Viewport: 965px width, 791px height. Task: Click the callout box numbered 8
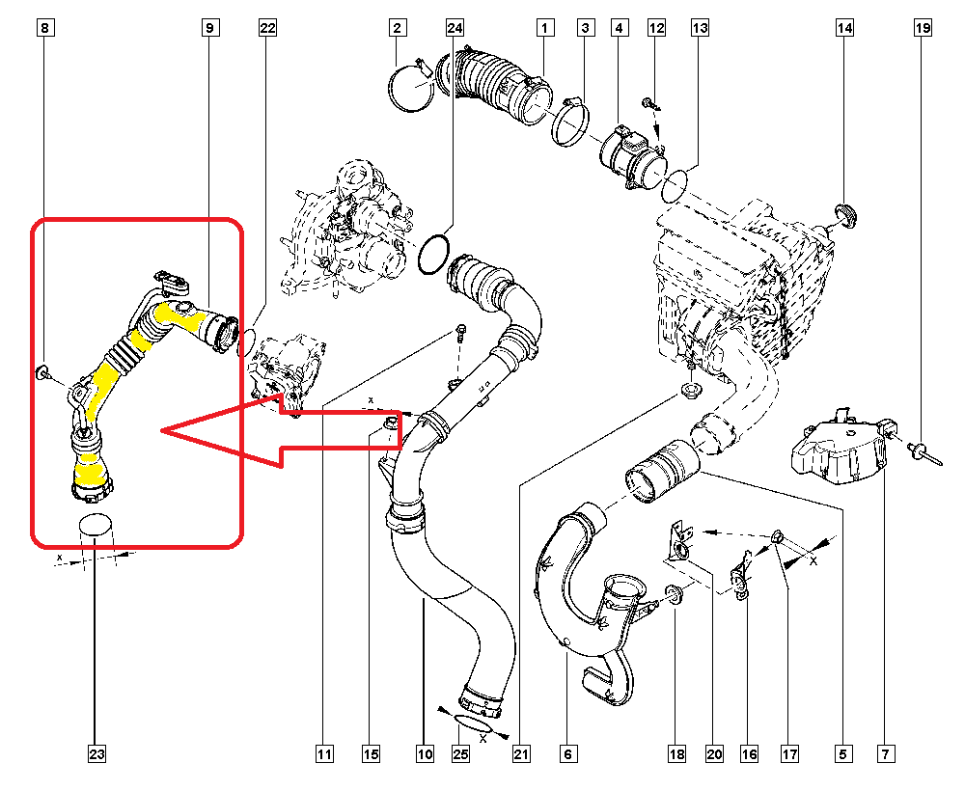coord(43,29)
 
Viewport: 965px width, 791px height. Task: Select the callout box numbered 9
coord(208,29)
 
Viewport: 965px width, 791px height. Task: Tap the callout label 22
coord(267,29)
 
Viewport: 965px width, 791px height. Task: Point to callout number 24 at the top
coord(455,28)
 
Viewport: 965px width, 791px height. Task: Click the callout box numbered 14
coord(844,29)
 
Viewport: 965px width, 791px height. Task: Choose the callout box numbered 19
coord(923,29)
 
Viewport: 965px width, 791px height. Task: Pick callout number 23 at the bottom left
coord(95,753)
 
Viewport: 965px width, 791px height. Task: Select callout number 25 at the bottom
coord(460,753)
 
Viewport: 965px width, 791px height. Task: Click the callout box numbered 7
coord(885,753)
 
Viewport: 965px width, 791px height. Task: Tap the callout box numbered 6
coord(567,753)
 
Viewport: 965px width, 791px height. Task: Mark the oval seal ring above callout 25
coord(473,723)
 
